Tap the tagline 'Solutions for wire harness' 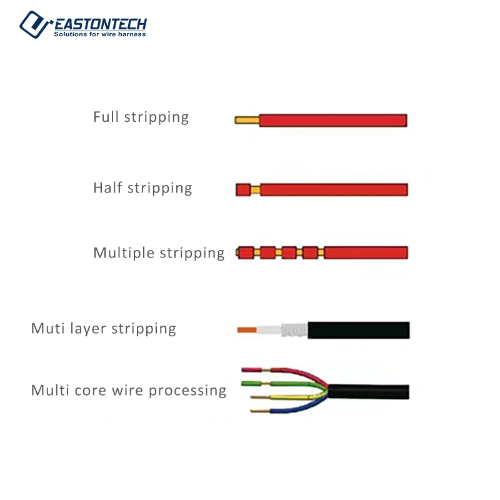pos(100,34)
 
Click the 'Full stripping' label pos(141,117)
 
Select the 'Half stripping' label pos(142,188)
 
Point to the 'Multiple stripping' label pos(159,253)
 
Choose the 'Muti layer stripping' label pos(104,329)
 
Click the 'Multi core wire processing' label pos(129,391)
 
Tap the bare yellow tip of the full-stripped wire pos(246,120)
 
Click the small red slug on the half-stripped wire pos(242,189)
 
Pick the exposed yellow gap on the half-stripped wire pos(255,189)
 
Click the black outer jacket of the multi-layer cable pos(359,330)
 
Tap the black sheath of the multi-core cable pos(369,392)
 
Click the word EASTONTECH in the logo pos(100,24)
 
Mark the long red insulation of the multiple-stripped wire pos(366,252)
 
